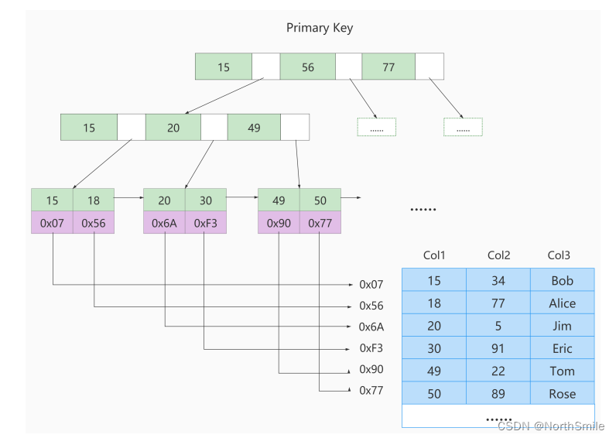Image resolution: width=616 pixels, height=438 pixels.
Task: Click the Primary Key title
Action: click(x=320, y=28)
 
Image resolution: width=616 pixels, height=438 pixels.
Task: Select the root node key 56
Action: click(x=307, y=67)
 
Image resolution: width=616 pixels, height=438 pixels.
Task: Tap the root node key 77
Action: click(x=388, y=67)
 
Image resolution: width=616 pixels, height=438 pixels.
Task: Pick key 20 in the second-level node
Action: click(x=173, y=127)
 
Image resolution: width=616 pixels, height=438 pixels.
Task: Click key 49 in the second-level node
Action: click(x=254, y=127)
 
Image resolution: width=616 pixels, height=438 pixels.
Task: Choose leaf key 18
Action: click(x=94, y=200)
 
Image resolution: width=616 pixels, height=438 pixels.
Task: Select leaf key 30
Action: click(x=206, y=200)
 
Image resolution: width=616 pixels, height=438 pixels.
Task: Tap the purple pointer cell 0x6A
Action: click(x=164, y=223)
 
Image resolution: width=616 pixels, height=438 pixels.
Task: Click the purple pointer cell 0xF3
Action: click(x=206, y=223)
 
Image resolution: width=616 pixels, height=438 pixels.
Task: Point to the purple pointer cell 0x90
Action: click(x=279, y=223)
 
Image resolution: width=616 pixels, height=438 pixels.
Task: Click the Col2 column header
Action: click(x=498, y=255)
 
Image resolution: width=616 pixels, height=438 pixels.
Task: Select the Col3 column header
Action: click(x=559, y=255)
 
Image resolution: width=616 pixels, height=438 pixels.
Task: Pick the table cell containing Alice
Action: click(x=562, y=303)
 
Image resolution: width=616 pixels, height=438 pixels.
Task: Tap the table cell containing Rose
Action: click(x=562, y=393)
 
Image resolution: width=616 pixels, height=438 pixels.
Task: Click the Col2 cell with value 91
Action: click(x=498, y=347)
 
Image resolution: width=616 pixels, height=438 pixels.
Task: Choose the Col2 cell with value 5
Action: click(x=498, y=325)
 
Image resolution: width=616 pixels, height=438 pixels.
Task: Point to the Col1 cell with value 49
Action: click(x=434, y=371)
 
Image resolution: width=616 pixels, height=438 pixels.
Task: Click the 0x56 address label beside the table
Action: click(x=371, y=306)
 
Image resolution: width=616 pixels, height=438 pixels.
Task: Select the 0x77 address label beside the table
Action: click(x=371, y=391)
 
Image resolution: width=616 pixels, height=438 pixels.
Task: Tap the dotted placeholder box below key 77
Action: click(x=463, y=127)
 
